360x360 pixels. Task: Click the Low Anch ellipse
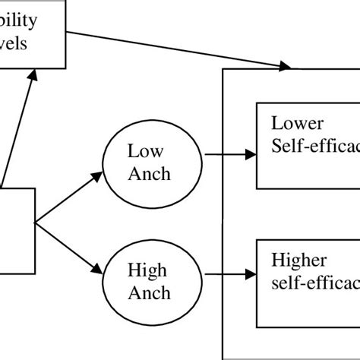pos(148,163)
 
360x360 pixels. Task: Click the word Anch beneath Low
pos(149,174)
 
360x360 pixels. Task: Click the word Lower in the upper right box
pos(298,123)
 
